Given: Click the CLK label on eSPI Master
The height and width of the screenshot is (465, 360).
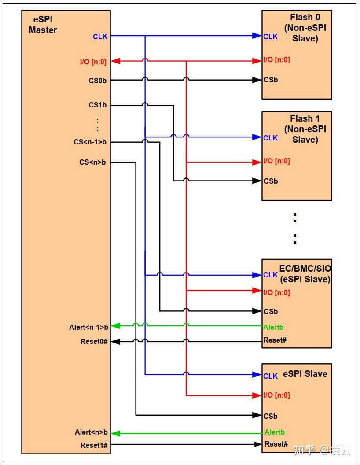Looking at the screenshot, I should click(x=100, y=37).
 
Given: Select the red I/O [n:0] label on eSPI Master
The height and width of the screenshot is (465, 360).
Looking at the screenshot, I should click(x=93, y=62).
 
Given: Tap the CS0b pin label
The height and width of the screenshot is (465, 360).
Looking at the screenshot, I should click(x=97, y=81).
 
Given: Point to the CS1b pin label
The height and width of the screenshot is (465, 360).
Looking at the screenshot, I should click(x=97, y=105).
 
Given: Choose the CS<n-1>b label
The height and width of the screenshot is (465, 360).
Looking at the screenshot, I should click(x=90, y=142).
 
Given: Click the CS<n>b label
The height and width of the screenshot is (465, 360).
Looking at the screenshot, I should click(x=92, y=162).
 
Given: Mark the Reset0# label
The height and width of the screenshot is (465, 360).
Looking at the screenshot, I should click(x=94, y=341).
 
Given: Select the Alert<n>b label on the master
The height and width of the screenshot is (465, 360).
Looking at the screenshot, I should click(x=91, y=432).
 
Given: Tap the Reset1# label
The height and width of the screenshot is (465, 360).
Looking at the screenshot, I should click(x=94, y=445).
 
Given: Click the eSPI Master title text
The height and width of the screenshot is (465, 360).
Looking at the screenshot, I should click(x=43, y=25).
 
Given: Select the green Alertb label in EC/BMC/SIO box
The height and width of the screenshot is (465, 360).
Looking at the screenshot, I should click(x=273, y=327).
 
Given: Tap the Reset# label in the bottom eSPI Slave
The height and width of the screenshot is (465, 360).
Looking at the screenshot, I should click(x=276, y=444).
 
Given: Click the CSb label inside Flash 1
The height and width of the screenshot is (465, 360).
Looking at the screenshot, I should click(x=271, y=181).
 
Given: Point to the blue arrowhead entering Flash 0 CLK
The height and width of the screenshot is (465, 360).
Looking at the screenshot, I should click(x=257, y=36).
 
